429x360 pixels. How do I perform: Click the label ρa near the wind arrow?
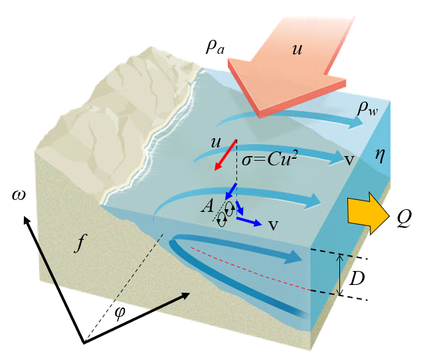point(216,48)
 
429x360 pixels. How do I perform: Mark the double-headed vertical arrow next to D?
point(341,275)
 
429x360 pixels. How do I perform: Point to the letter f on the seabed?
point(80,244)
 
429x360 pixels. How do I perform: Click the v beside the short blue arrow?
point(273,225)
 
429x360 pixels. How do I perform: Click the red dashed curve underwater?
point(252,270)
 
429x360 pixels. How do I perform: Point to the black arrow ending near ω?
point(54,279)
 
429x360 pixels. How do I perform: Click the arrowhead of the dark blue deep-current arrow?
point(296,256)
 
